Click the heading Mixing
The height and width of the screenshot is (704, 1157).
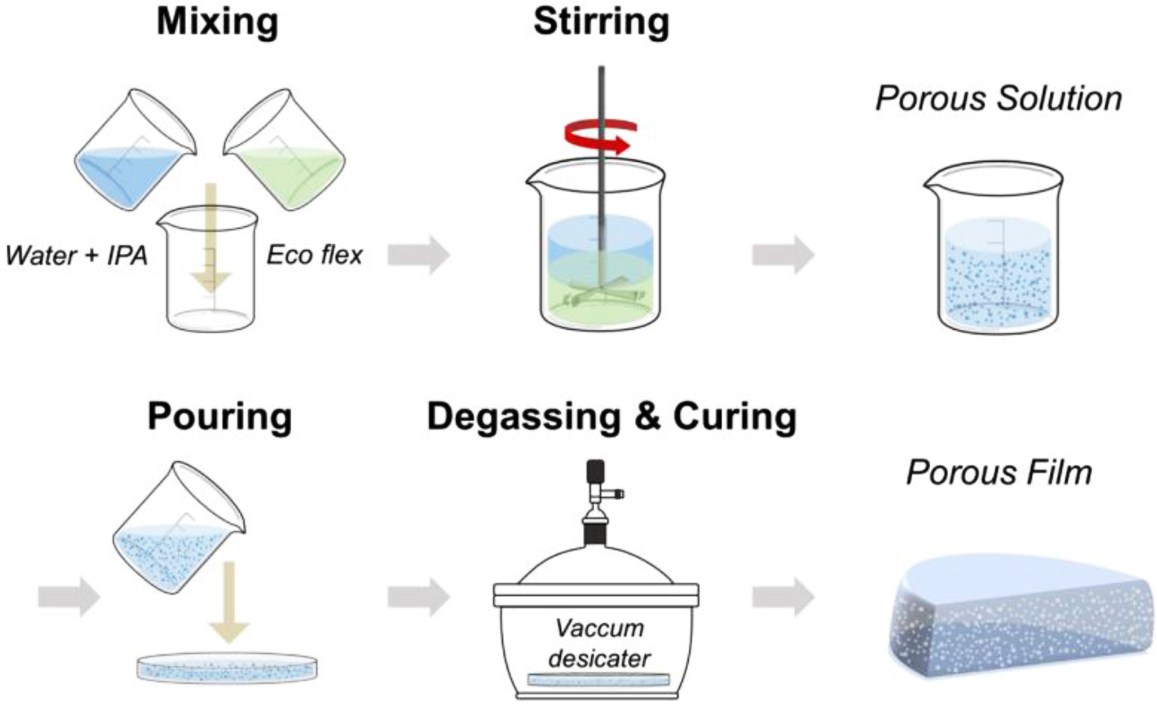[217, 21]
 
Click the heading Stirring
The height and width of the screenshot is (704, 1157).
[601, 21]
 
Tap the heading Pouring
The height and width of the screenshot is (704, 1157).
[220, 417]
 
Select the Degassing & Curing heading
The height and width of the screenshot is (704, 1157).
[611, 417]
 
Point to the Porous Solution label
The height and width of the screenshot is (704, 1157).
[998, 98]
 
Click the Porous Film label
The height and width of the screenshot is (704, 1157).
[999, 473]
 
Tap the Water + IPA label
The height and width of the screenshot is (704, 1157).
[76, 255]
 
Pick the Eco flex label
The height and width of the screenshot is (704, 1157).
[315, 255]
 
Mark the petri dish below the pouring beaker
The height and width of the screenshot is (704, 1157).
[228, 669]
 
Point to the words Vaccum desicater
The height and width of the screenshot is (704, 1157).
[599, 643]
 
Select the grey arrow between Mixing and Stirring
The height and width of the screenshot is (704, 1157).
[418, 254]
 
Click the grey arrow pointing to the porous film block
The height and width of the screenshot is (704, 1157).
[783, 597]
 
